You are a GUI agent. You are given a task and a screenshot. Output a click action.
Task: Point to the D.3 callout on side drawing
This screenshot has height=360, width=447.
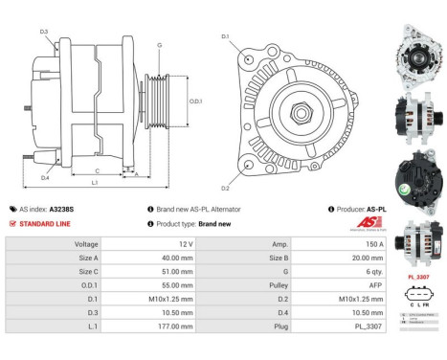click(x=44, y=33)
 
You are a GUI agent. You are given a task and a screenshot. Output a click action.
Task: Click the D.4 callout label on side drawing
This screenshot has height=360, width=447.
click(x=45, y=178)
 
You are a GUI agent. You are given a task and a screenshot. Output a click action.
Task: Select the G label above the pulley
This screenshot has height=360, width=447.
click(x=160, y=45)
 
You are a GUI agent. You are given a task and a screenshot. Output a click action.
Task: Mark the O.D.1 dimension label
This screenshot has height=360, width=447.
click(x=195, y=101)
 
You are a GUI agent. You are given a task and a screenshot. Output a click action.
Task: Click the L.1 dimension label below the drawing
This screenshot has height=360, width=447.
click(x=95, y=182)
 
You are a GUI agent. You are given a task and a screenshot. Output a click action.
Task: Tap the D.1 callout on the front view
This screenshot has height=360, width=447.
click(x=226, y=37)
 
